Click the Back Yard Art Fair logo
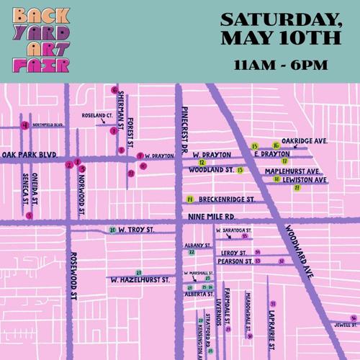point(41,41)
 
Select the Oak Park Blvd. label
point(30,154)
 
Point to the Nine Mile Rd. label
point(210,215)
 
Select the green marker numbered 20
point(112,230)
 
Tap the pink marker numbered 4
point(25,125)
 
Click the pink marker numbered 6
point(114,90)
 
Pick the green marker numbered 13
point(240,171)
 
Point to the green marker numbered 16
point(276,145)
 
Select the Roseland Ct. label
point(97,115)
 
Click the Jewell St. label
point(345,324)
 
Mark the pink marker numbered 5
point(30,215)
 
